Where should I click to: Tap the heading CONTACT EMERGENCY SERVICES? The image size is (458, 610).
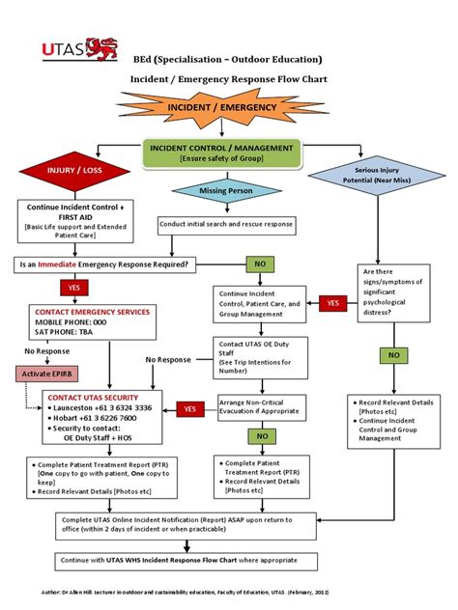tap(93, 312)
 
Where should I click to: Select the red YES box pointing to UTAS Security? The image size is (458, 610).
tap(189, 409)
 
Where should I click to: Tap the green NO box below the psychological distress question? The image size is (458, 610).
tap(392, 355)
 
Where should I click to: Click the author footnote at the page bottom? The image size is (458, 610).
tap(229, 588)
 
